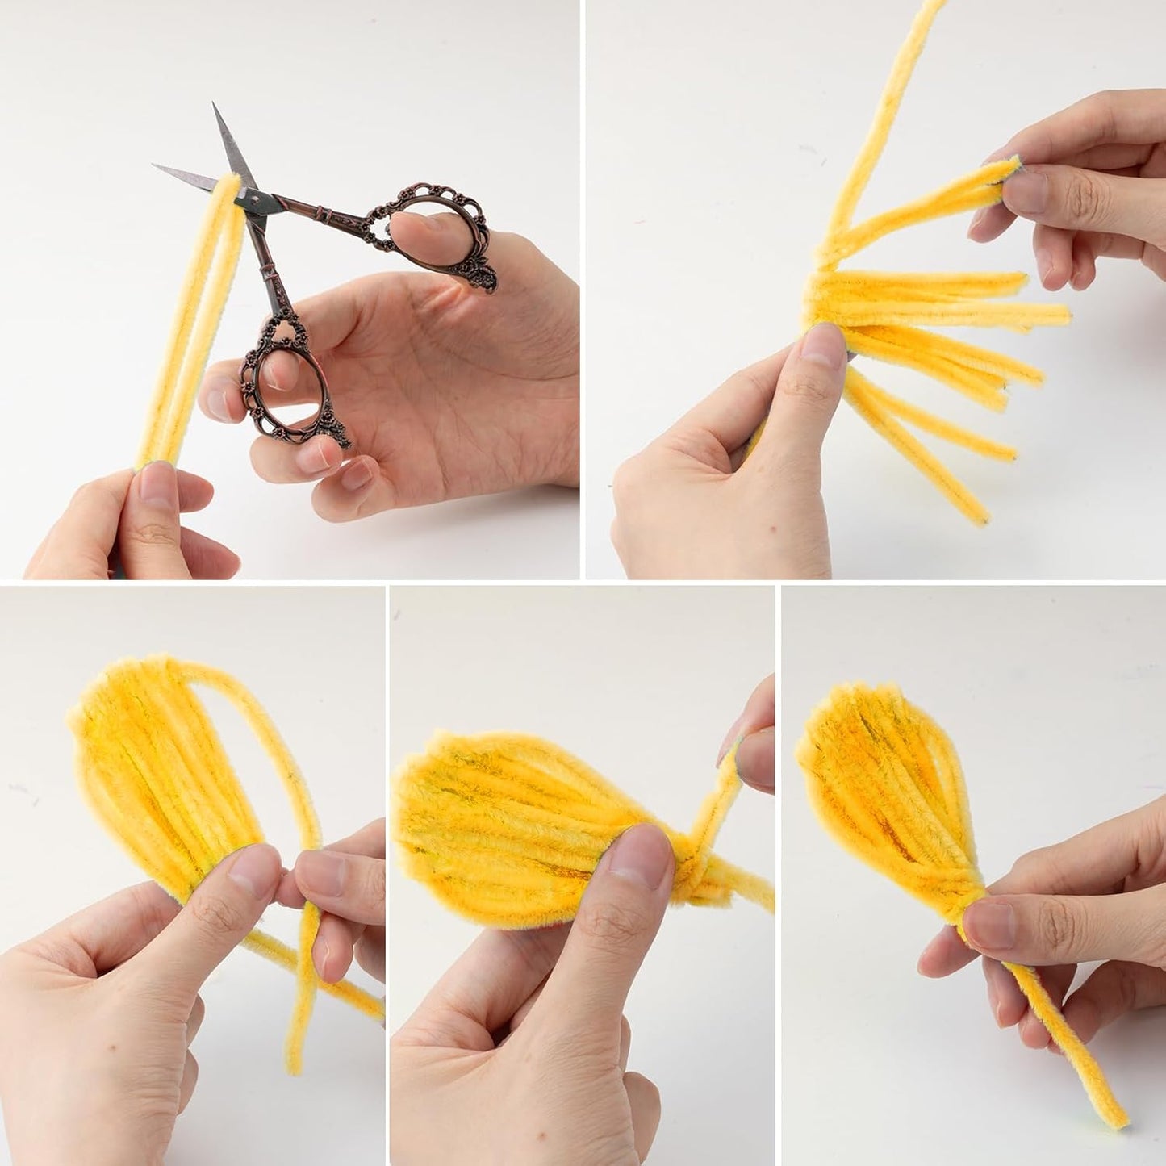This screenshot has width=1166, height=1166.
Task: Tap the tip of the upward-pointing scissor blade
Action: (x=215, y=105)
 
